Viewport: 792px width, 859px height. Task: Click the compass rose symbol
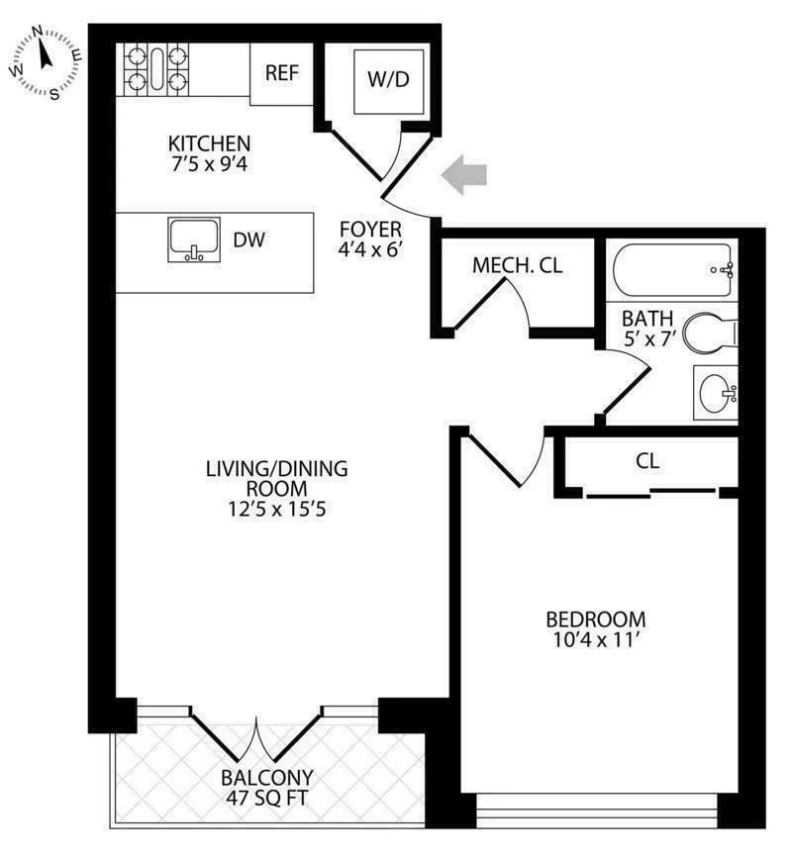point(46,62)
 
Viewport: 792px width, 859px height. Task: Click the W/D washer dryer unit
point(388,80)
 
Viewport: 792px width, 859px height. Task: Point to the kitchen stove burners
point(154,68)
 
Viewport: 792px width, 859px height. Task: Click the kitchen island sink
point(195,240)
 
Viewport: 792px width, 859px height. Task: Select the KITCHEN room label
point(208,143)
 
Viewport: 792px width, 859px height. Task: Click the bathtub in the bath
point(672,269)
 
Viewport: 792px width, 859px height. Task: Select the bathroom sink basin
point(716,394)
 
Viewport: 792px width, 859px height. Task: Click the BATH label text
point(647,319)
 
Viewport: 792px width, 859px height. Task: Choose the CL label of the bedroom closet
point(648,460)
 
